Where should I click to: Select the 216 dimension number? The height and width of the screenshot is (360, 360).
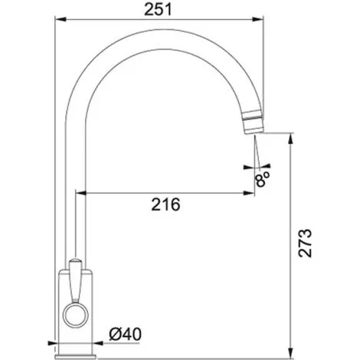[165, 205]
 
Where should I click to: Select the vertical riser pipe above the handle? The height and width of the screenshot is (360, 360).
[75, 222]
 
